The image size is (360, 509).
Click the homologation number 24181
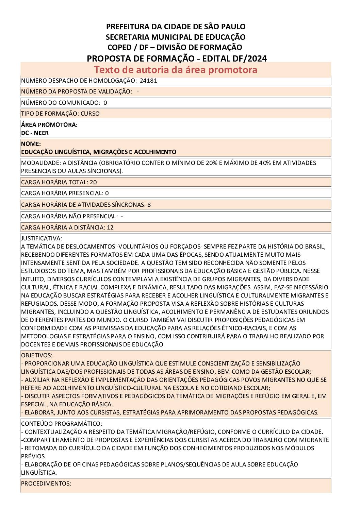[x=148, y=81]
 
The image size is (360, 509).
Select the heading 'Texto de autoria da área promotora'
[x=176, y=70]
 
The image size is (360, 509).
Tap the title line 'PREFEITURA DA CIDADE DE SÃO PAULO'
[x=176, y=27]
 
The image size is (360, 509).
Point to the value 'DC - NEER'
[x=35, y=133]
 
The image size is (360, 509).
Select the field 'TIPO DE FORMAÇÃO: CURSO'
[x=60, y=114]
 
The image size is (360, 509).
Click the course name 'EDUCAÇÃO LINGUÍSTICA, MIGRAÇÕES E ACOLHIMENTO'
[x=99, y=152]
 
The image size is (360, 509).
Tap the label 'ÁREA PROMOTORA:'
[x=49, y=125]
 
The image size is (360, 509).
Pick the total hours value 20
[x=93, y=182]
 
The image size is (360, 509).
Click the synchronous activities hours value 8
[x=149, y=205]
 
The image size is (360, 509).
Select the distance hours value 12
[x=110, y=227]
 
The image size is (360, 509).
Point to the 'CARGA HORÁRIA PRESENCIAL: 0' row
[x=65, y=193]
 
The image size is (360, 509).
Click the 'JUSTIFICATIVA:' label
[x=42, y=238]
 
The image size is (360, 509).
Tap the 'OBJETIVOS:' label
[x=37, y=355]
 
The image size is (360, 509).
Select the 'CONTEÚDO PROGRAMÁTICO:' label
[x=62, y=424]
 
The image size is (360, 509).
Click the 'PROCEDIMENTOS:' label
[x=46, y=483]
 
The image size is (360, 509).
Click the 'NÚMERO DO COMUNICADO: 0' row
[x=64, y=103]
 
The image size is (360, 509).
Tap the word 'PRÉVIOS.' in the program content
[x=33, y=456]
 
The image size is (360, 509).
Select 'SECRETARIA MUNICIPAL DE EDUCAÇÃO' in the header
[x=176, y=37]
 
